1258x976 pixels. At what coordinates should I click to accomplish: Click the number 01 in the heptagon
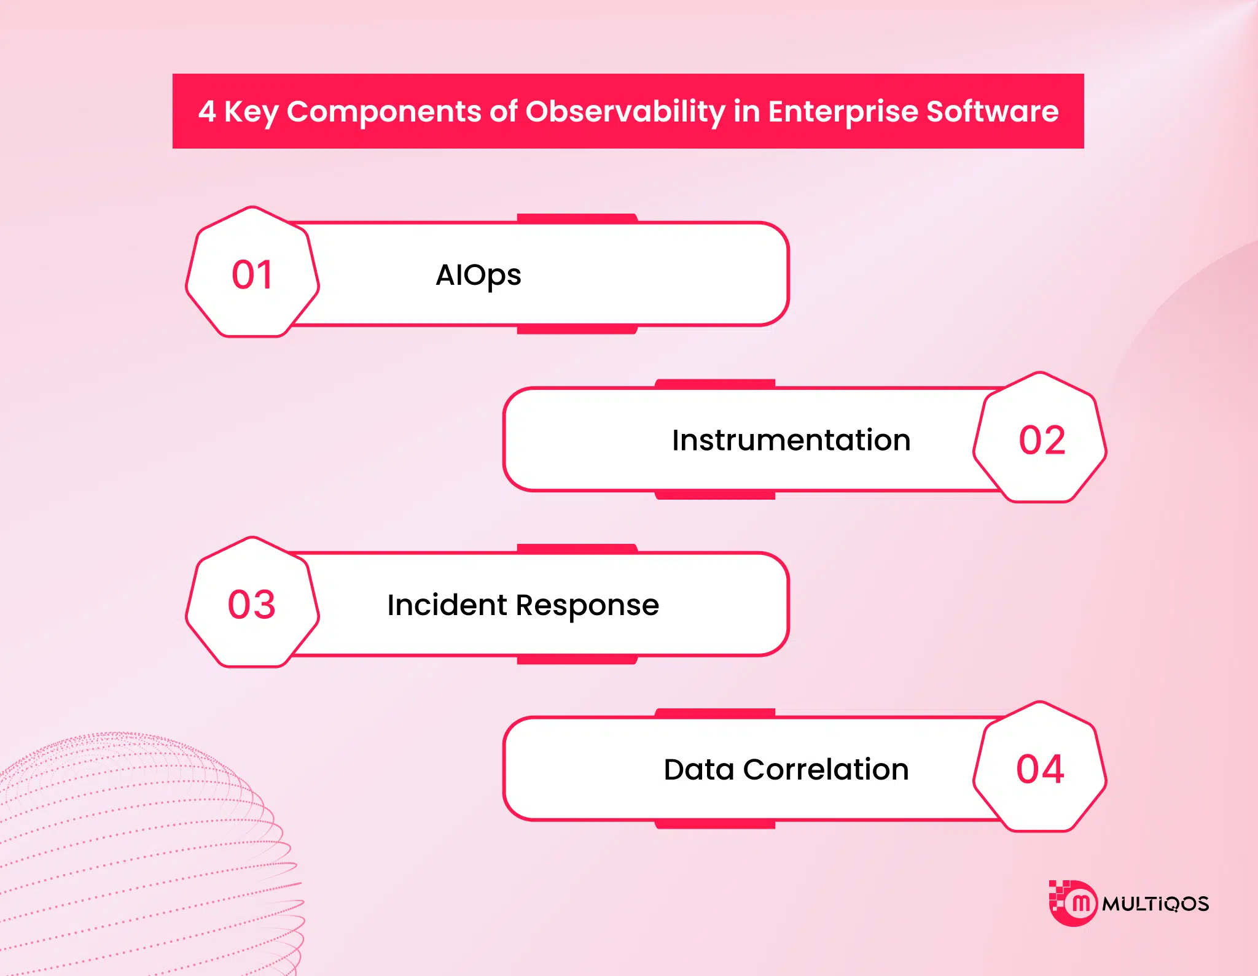pyautogui.click(x=252, y=274)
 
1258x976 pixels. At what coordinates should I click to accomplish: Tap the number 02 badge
pyautogui.click(x=1042, y=440)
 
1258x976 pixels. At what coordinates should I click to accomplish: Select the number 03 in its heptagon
pyautogui.click(x=252, y=605)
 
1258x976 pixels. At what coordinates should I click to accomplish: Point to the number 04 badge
pyautogui.click(x=1040, y=769)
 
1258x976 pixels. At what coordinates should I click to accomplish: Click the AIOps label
pyautogui.click(x=478, y=276)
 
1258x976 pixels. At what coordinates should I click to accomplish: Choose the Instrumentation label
pyautogui.click(x=791, y=440)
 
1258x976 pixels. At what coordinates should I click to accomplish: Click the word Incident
pyautogui.click(x=447, y=605)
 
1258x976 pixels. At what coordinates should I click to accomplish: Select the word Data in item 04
pyautogui.click(x=699, y=770)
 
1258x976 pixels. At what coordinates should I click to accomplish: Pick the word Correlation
pyautogui.click(x=826, y=770)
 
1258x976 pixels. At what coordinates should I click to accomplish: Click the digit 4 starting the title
pyautogui.click(x=207, y=112)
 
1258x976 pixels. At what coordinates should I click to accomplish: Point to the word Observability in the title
pyautogui.click(x=625, y=112)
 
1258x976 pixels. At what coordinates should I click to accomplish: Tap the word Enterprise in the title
pyautogui.click(x=843, y=112)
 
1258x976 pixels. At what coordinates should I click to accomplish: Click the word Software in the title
pyautogui.click(x=992, y=112)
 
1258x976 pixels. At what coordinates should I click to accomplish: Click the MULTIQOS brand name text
pyautogui.click(x=1155, y=904)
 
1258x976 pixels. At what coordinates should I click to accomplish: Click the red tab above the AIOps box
pyautogui.click(x=577, y=218)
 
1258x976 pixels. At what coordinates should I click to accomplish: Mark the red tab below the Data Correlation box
pyautogui.click(x=715, y=824)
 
